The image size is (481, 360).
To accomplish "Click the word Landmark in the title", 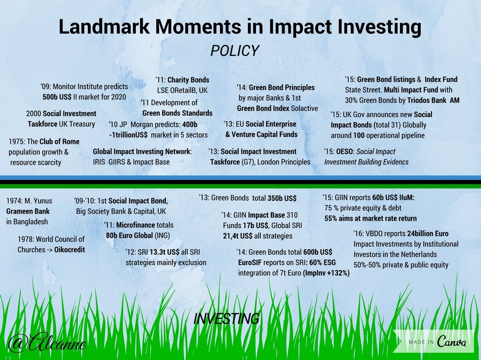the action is (104, 27).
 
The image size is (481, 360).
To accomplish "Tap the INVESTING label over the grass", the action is (226, 319).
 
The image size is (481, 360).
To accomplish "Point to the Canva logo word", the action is (452, 341).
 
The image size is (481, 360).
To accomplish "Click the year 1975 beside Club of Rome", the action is (17, 142).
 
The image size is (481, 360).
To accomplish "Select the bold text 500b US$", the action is (57, 97).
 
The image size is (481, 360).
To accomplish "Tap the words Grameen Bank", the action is (28, 211).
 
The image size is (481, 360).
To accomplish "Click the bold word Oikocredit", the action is (70, 250).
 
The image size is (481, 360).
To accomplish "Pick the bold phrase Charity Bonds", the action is (188, 80).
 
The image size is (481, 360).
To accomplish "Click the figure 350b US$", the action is (282, 198).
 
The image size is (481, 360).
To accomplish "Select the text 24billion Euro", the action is (428, 234).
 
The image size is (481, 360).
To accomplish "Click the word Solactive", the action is (304, 108).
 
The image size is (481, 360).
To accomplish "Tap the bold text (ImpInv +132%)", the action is (326, 273).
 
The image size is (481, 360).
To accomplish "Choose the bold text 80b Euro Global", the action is (129, 235).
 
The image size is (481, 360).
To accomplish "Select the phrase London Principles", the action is (284, 162).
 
